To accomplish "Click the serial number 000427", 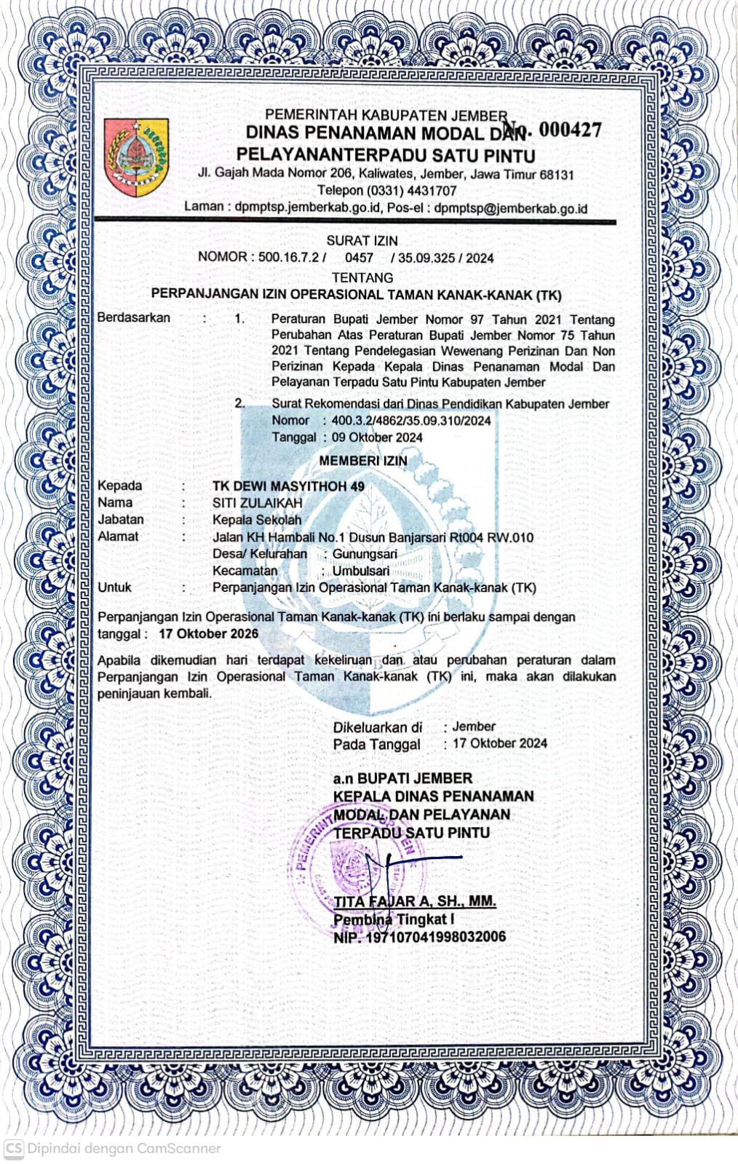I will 571,130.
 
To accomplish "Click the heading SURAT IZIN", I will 362,240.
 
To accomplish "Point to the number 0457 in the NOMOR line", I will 359,258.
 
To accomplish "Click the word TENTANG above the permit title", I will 362,277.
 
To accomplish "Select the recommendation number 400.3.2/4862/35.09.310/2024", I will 410,421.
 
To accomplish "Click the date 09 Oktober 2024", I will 377,438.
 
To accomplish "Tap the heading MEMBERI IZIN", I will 363,461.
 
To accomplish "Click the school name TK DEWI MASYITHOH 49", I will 288,486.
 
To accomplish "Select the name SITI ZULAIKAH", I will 257,503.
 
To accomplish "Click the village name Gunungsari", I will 365,554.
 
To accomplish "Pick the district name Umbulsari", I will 360,571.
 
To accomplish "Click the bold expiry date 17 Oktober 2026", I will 208,633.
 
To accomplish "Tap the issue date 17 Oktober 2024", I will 499,743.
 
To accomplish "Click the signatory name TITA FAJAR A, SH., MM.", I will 414,901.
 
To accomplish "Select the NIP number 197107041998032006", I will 435,937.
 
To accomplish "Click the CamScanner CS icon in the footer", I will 13,1148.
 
